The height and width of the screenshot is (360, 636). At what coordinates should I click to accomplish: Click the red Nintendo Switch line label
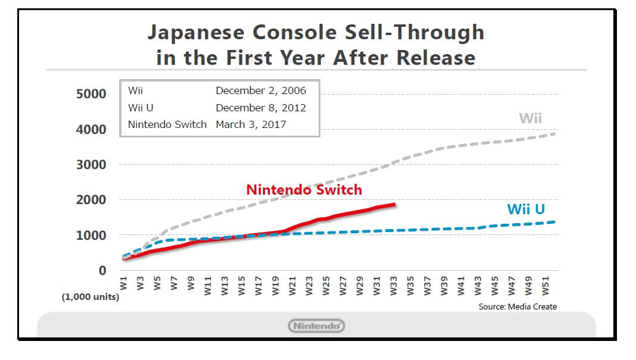[x=304, y=190]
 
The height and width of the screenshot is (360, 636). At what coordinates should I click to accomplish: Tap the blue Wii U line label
[x=526, y=209]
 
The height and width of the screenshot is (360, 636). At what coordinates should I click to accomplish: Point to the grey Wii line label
[x=530, y=118]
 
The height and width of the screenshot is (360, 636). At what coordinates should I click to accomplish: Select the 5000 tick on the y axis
[x=91, y=94]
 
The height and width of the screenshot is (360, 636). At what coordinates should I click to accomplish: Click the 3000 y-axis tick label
[x=91, y=165]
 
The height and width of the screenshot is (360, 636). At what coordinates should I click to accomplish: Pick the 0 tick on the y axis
[x=102, y=271]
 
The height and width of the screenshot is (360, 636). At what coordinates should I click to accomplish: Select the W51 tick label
[x=545, y=284]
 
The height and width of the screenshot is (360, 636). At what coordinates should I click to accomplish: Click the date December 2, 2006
[x=261, y=91]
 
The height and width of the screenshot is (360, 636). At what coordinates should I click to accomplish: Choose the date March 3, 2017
[x=251, y=124]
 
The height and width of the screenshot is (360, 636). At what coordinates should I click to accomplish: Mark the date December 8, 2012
[x=261, y=108]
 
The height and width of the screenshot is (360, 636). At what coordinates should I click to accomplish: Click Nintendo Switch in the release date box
[x=167, y=124]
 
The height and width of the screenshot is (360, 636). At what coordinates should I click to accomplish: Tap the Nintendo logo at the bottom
[x=316, y=325]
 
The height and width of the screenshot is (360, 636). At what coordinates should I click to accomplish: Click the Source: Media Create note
[x=517, y=306]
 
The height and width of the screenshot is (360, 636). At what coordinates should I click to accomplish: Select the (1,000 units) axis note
[x=91, y=297]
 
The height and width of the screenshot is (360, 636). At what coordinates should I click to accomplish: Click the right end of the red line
[x=394, y=205]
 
